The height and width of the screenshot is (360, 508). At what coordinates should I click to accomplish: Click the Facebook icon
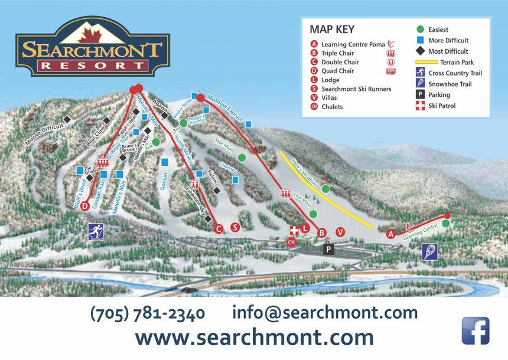475,330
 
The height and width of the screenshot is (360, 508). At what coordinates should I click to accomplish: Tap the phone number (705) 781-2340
148,313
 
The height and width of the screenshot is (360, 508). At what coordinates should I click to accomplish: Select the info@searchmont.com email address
325,313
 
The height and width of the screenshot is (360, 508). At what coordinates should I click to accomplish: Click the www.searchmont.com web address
254,338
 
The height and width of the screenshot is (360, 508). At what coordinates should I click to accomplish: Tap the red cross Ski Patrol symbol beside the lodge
294,230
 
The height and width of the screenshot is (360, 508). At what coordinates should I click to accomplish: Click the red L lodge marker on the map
305,228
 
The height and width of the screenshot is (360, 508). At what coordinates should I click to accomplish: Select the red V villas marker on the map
340,231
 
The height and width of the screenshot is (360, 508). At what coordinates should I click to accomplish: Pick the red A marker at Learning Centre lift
390,234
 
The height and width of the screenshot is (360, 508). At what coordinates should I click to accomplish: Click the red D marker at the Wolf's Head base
85,206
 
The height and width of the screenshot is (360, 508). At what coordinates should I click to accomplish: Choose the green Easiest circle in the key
420,29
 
